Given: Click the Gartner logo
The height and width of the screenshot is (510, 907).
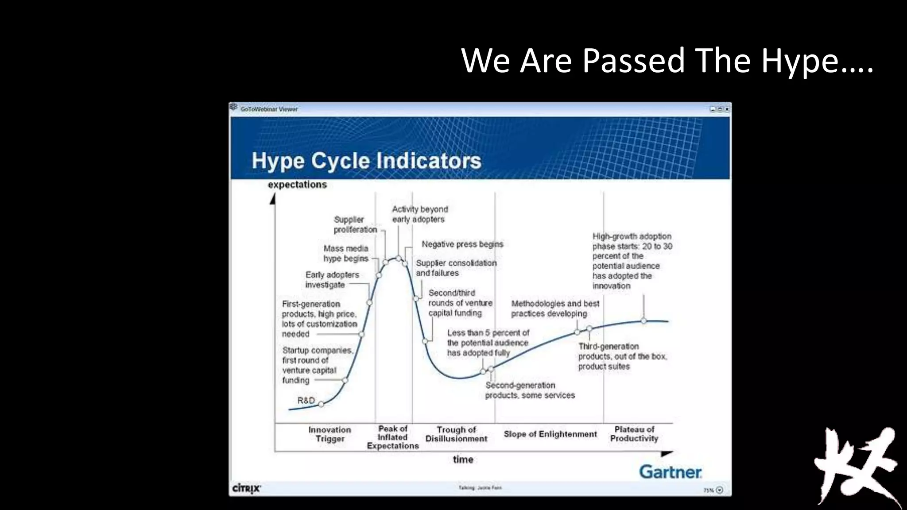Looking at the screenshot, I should point(670,472).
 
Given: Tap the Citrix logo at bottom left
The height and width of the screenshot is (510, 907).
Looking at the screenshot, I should point(247,488).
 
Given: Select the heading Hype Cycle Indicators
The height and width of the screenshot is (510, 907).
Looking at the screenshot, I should point(366,161).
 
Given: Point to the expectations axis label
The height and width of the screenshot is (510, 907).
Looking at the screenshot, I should point(297,185).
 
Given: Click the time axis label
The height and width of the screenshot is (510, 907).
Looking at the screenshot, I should point(463,460).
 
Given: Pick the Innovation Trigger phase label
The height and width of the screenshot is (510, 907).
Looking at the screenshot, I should point(329,434).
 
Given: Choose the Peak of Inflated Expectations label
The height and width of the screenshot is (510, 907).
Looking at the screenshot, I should point(393,437).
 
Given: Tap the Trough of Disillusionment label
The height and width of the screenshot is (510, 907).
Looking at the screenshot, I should point(456,434).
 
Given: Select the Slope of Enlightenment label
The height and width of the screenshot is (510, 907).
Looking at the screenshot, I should point(550,434).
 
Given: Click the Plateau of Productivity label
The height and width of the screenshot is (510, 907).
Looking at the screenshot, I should point(634,434).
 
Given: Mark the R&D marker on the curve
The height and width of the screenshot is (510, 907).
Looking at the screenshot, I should point(321,404).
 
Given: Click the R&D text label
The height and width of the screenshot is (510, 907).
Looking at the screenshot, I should point(306,400).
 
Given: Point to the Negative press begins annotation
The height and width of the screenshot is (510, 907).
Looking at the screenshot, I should point(462,244).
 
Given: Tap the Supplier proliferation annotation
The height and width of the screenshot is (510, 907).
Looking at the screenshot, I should point(355,224).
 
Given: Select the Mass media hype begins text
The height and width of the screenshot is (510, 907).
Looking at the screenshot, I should point(345,253).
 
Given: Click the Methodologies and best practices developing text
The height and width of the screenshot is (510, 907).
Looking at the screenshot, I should point(554,309).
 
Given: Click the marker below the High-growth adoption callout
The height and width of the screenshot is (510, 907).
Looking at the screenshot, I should point(643,321).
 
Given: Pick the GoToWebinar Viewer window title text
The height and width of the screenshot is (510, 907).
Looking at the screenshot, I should point(269,109).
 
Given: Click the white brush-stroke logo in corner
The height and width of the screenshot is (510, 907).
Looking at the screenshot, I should point(855,465).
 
